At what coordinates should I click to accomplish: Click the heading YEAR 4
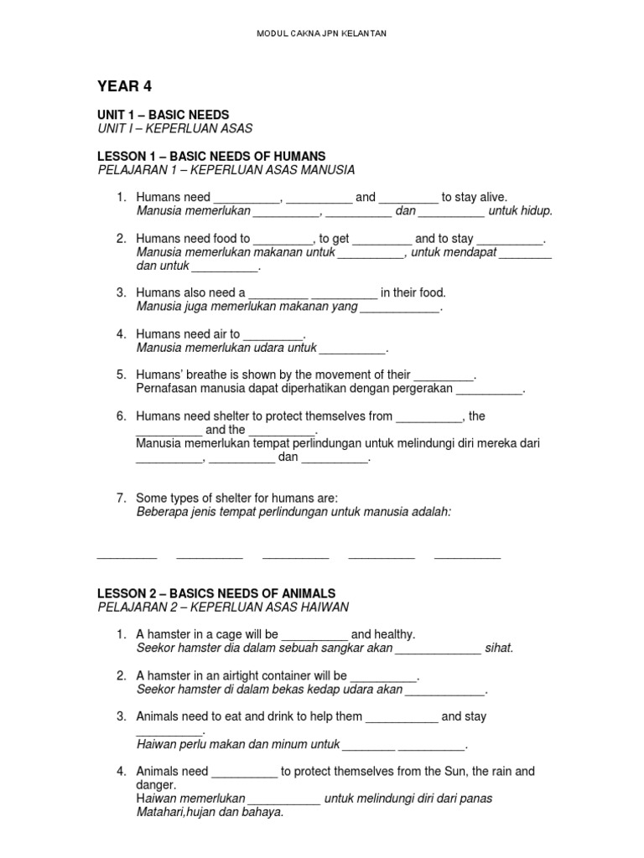pyautogui.click(x=125, y=86)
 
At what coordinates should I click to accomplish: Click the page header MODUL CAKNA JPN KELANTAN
pyautogui.click(x=321, y=34)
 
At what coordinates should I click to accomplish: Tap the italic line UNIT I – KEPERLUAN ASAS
pyautogui.click(x=175, y=128)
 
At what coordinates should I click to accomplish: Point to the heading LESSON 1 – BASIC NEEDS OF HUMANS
pyautogui.click(x=211, y=156)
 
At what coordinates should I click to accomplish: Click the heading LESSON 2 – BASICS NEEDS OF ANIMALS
pyautogui.click(x=216, y=593)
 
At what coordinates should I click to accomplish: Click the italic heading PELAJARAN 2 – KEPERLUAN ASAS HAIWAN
pyautogui.click(x=223, y=607)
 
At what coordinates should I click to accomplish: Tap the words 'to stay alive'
pyautogui.click(x=475, y=197)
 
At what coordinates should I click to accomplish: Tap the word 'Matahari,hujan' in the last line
pyautogui.click(x=174, y=812)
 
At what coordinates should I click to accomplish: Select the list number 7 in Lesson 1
pyautogui.click(x=121, y=498)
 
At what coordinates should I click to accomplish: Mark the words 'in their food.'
pyautogui.click(x=413, y=292)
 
